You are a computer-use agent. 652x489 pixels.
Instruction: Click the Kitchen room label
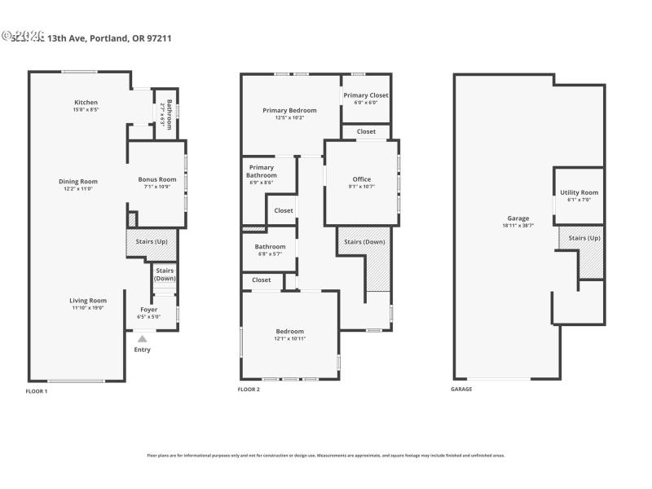coord(86,103)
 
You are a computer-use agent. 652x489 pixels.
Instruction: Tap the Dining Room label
coord(77,181)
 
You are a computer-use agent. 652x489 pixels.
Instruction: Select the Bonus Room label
coord(156,179)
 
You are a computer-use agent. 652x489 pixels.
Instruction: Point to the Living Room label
coord(87,300)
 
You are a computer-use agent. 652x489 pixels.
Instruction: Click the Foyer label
coord(148,310)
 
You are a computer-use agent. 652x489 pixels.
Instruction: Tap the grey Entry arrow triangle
coord(143,339)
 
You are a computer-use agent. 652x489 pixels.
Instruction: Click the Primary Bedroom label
coord(289,110)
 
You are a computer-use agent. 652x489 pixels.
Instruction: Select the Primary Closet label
coord(366,95)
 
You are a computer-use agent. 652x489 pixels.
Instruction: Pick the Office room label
coord(361,179)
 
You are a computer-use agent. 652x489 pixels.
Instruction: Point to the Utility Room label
coord(579,192)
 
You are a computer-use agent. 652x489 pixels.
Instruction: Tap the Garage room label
coord(518,218)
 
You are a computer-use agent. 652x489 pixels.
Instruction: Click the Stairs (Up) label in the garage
coord(584,238)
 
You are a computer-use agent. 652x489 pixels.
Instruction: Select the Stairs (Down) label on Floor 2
coord(364,241)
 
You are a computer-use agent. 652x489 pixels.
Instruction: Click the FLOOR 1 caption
coord(37,390)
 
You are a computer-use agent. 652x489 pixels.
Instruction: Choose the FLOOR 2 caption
coord(249,390)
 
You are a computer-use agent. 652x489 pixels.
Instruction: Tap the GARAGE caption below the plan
coord(461,389)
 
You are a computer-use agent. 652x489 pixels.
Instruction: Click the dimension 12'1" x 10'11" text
coord(289,337)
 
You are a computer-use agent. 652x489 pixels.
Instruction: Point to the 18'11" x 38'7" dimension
coord(518,225)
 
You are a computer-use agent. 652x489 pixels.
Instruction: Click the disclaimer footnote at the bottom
coord(326,455)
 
